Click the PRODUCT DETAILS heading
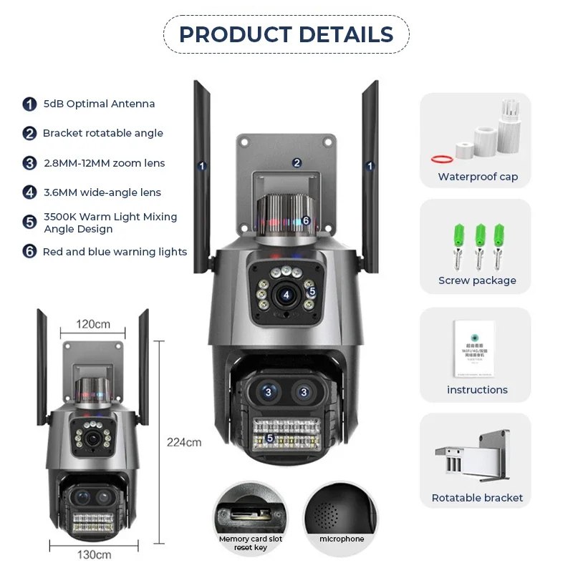tap(286, 34)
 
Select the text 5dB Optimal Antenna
tap(99, 104)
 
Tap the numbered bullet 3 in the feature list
tap(29, 163)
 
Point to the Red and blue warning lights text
tap(115, 252)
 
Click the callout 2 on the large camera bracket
tap(297, 162)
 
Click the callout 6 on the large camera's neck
tap(306, 220)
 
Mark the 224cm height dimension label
tap(184, 442)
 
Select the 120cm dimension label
tap(94, 324)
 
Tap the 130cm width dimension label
tap(94, 554)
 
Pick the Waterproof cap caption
tap(478, 177)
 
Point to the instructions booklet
tap(474, 348)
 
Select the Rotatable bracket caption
tap(477, 498)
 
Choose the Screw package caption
tap(477, 280)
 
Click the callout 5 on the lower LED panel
tap(270, 437)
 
